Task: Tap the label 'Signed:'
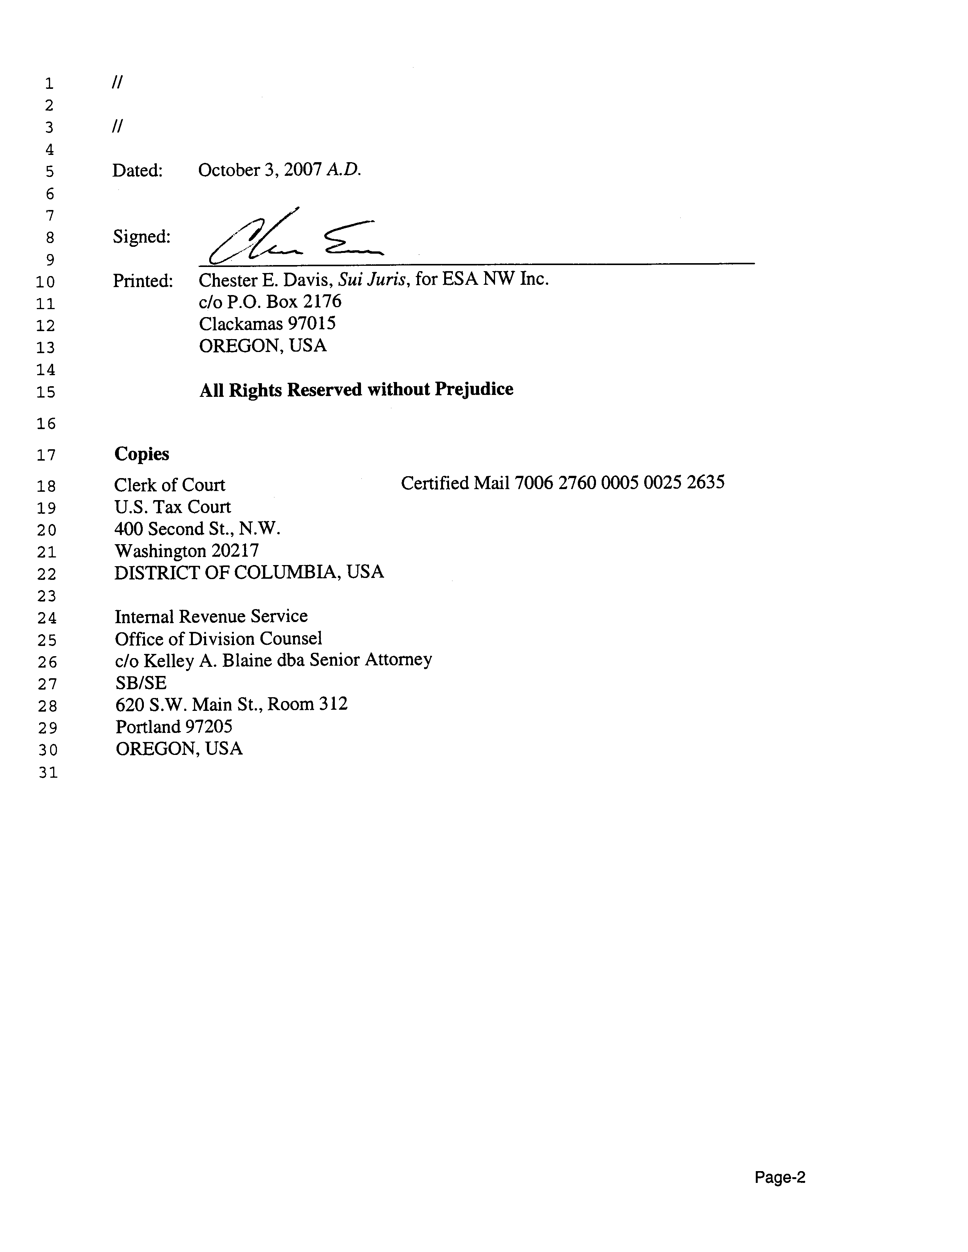[141, 237]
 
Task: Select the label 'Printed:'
[143, 281]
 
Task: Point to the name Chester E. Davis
[265, 280]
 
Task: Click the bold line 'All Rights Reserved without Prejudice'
[356, 390]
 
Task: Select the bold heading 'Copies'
[142, 454]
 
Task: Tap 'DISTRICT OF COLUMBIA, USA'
[249, 573]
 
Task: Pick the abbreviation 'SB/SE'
[140, 683]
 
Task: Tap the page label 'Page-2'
[779, 1178]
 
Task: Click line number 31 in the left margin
[48, 773]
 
